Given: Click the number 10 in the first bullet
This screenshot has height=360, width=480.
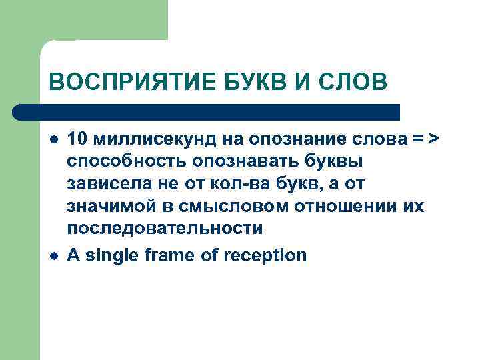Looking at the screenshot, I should coord(77,139).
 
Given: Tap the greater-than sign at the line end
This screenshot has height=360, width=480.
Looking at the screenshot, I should coord(435,139).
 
